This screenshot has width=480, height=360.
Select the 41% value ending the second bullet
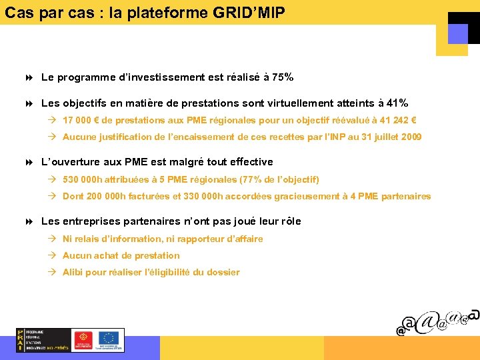(397, 103)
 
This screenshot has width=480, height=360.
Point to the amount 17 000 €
(81, 121)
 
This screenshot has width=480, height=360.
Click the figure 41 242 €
(394, 121)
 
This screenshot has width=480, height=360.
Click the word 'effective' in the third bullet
(251, 162)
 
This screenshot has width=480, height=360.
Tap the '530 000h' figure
(81, 179)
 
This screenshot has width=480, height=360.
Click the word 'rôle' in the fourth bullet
(289, 221)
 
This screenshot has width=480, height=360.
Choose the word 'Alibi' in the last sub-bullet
(73, 273)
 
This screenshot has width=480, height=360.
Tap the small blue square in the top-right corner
(457, 33)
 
